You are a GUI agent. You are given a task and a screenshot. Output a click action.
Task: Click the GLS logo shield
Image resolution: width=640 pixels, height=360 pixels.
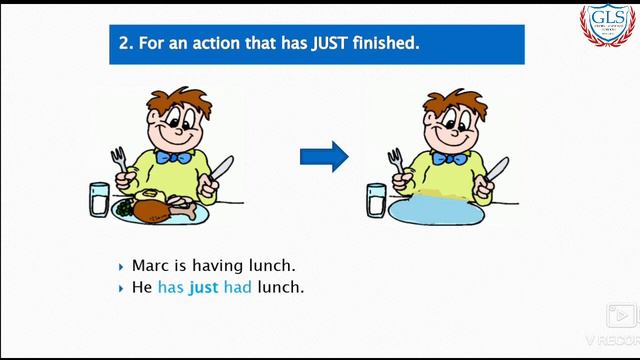(x=608, y=26)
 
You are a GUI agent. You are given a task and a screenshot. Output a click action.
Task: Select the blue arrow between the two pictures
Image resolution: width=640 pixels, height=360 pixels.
(x=324, y=155)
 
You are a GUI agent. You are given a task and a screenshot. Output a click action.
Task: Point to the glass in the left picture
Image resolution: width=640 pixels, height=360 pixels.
(x=99, y=200)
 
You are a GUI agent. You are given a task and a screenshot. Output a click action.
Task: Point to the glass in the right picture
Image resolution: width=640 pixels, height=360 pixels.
(x=376, y=200)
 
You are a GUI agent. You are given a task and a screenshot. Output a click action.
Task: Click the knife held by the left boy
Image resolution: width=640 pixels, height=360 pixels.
(x=220, y=172)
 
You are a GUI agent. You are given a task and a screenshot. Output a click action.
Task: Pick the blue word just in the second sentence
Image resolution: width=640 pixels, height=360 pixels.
(x=204, y=287)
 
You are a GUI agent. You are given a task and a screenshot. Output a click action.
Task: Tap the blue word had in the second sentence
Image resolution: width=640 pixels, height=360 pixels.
(x=238, y=287)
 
